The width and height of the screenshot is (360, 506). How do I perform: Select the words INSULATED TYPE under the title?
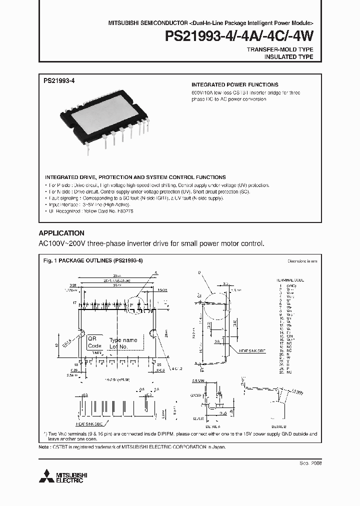[x=288, y=57]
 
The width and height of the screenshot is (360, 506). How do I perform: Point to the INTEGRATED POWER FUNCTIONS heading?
[x=235, y=85]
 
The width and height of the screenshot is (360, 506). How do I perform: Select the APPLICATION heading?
[x=61, y=233]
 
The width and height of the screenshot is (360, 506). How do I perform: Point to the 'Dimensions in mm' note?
[x=302, y=261]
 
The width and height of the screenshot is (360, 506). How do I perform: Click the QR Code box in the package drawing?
[x=94, y=342]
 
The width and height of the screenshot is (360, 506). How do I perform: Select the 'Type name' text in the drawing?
[x=123, y=340]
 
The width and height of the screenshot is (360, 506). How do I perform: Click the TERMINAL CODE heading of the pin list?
[x=290, y=280]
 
